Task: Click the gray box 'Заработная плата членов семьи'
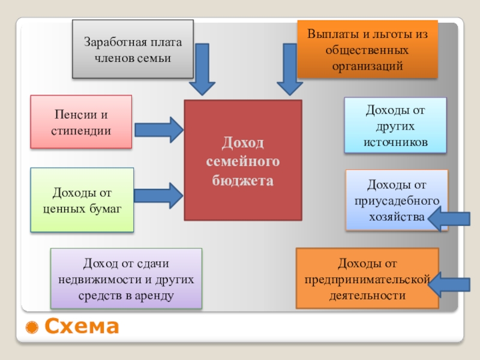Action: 133,50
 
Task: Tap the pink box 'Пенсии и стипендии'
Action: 81,122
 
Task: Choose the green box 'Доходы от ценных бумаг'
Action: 82,200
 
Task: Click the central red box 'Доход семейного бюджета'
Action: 242,160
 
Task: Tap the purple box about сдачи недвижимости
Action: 126,280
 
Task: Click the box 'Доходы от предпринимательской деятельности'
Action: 367,278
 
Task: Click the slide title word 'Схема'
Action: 82,328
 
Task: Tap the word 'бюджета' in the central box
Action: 242,181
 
